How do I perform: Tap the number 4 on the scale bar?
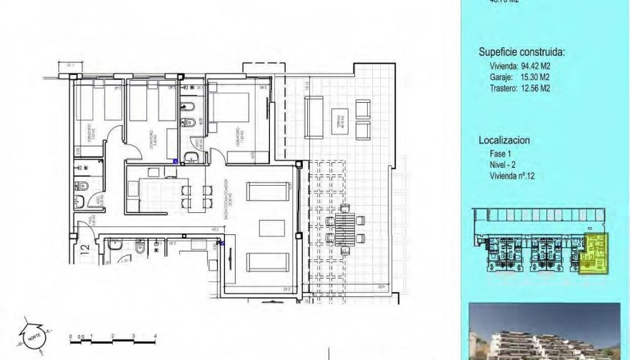155,335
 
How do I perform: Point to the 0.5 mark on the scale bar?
81,335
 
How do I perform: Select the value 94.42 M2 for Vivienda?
534,66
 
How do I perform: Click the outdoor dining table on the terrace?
345,229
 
